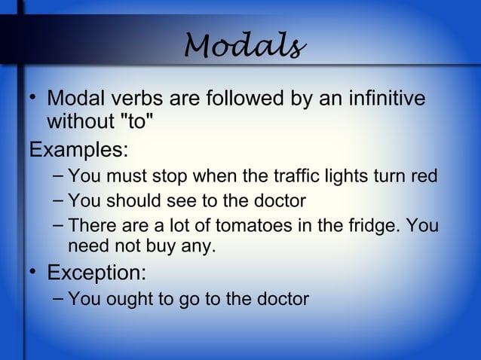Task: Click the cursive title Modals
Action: [245, 48]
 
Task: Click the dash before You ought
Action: [59, 297]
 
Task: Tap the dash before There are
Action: [59, 224]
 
